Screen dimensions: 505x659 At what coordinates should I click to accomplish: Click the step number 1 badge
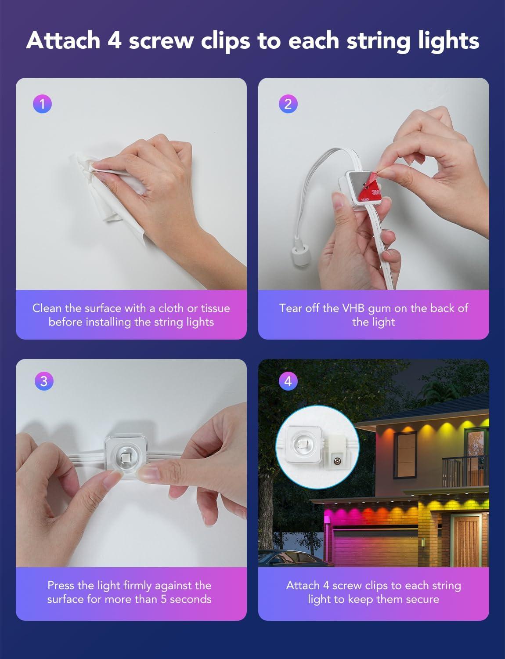[42, 104]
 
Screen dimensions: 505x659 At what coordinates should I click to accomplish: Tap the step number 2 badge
[288, 104]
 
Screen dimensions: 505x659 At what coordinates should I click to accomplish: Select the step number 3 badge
[44, 381]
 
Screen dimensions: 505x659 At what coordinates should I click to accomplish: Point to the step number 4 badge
[288, 381]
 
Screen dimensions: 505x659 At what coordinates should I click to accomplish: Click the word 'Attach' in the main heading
[63, 40]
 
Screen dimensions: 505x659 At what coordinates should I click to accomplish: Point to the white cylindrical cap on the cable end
[300, 255]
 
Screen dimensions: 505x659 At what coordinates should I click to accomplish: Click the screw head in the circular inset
[336, 462]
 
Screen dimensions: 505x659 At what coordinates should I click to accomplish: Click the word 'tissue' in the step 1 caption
[216, 308]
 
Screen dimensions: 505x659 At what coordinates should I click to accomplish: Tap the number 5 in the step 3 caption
[163, 599]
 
